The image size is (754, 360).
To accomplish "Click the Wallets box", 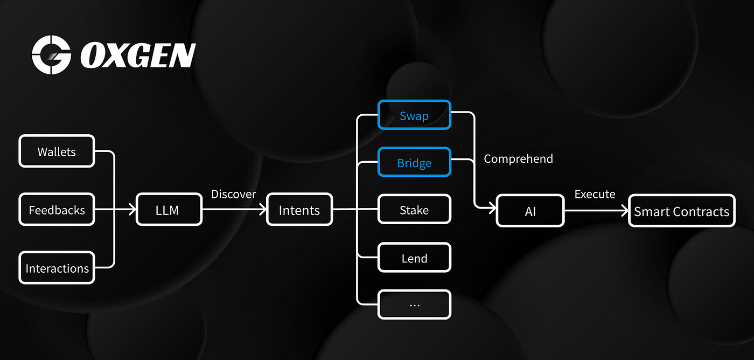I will [57, 151].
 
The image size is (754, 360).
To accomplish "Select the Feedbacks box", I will [57, 210].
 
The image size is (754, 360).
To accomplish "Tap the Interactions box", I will [57, 268].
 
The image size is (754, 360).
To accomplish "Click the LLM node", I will [167, 210].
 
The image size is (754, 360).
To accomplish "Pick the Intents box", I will [299, 210].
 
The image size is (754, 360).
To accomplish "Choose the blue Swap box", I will [414, 115].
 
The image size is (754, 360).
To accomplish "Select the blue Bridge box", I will [414, 162].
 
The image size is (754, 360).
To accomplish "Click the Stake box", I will [414, 210].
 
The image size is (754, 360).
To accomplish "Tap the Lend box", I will [414, 258].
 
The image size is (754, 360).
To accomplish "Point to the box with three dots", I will [414, 304].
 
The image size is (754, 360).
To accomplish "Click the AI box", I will [530, 211].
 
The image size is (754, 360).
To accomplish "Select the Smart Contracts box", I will [681, 211].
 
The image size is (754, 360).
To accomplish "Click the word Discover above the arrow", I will [234, 193].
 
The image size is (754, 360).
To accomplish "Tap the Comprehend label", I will [518, 158].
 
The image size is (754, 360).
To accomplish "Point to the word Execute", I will [595, 194].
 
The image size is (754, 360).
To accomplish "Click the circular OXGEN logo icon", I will [51, 55].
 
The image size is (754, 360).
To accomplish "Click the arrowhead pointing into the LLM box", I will [131, 210].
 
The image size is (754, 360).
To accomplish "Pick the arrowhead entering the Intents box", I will [262, 210].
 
